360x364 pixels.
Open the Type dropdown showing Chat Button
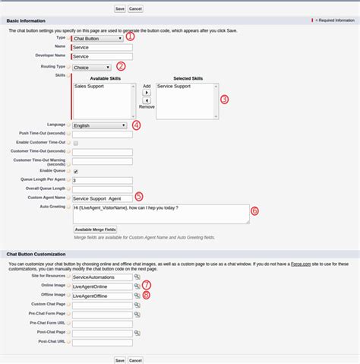pos(97,37)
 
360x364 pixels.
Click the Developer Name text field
pos(101,55)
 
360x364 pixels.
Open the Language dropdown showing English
pos(99,125)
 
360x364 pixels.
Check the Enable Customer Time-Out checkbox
pos(75,143)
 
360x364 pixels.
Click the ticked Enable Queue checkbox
pos(75,171)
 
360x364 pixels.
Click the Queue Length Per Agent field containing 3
pos(101,180)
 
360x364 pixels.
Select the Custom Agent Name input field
pos(107,198)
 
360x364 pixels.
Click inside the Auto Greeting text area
pos(159,213)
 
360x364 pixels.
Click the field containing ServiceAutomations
pos(101,277)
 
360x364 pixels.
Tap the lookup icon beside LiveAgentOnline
pos(137,286)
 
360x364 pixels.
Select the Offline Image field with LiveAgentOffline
pos(101,296)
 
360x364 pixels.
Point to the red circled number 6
pos(254,210)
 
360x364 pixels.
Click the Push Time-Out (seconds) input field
pos(101,134)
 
